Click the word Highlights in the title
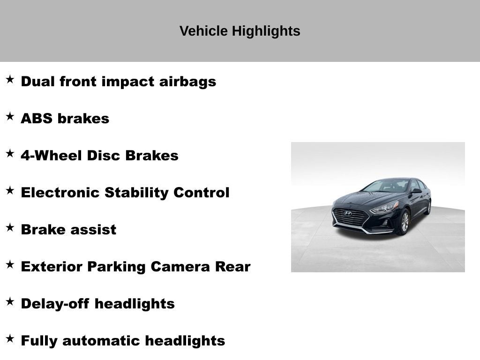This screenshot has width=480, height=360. (x=266, y=31)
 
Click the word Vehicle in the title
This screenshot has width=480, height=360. (x=203, y=31)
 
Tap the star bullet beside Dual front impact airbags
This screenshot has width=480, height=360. (x=10, y=79)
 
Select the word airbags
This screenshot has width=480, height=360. (x=187, y=82)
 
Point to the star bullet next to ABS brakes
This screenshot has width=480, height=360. (x=10, y=116)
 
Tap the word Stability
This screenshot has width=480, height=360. (x=136, y=193)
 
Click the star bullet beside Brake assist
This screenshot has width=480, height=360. (x=10, y=227)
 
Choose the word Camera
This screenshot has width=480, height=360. (x=180, y=267)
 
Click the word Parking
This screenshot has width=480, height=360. (x=116, y=267)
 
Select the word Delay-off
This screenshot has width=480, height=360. (x=55, y=304)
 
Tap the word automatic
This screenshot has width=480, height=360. (x=101, y=341)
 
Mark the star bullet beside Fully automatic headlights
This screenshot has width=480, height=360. (x=10, y=338)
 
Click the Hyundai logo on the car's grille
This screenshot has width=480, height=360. (x=348, y=213)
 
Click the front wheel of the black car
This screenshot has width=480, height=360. (x=404, y=222)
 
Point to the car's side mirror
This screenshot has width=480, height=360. (x=416, y=191)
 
